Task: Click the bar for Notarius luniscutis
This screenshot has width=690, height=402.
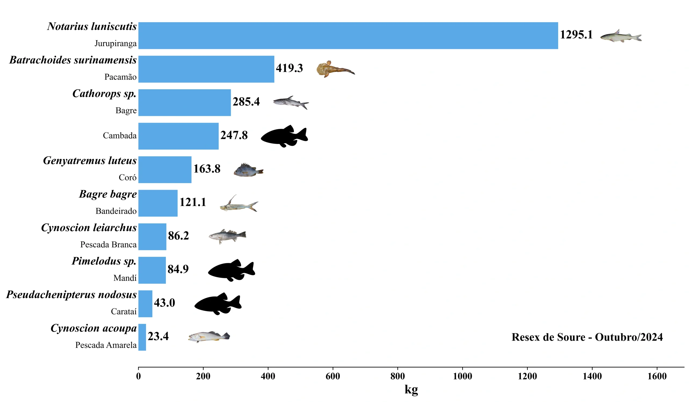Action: [348, 36]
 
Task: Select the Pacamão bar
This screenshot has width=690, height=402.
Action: [206, 69]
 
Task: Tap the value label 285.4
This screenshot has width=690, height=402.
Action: [246, 102]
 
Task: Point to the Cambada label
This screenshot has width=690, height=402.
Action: [120, 136]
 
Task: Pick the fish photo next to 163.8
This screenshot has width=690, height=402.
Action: [248, 170]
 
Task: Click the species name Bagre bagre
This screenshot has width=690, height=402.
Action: [108, 194]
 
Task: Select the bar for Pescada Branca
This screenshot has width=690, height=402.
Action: [152, 237]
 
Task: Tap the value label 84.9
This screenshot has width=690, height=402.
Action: [178, 269]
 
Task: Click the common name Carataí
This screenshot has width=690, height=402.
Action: [123, 311]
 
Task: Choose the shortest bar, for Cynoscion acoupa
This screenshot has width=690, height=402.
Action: [142, 337]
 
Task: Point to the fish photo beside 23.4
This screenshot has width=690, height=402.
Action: [209, 337]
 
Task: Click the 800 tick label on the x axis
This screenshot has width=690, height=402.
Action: [397, 376]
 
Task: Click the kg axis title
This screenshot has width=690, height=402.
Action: [411, 389]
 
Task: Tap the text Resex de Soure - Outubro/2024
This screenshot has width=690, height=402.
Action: [587, 337]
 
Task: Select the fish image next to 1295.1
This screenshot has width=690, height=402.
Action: [621, 36]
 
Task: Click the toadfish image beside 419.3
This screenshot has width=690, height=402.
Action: [334, 69]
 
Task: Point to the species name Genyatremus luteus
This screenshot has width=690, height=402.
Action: [89, 161]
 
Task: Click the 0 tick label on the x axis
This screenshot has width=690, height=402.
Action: [138, 376]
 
